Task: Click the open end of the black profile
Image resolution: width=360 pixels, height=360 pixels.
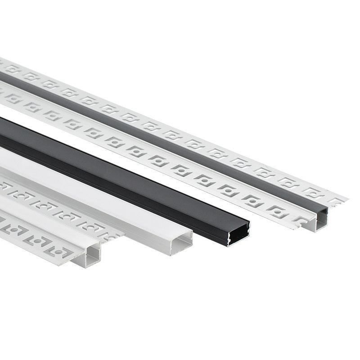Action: coord(238,234)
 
